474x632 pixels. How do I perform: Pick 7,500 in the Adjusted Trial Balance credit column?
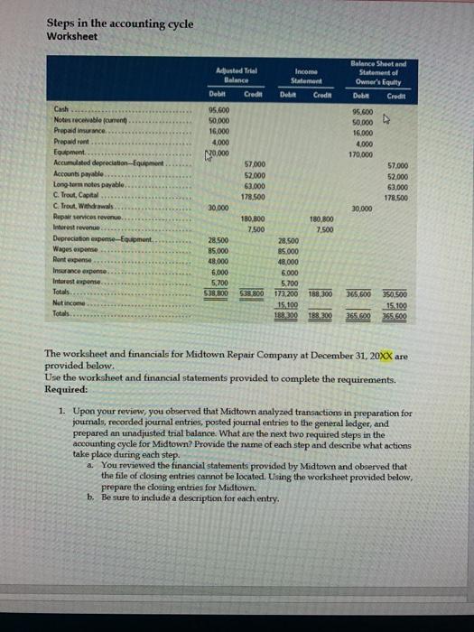256,228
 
